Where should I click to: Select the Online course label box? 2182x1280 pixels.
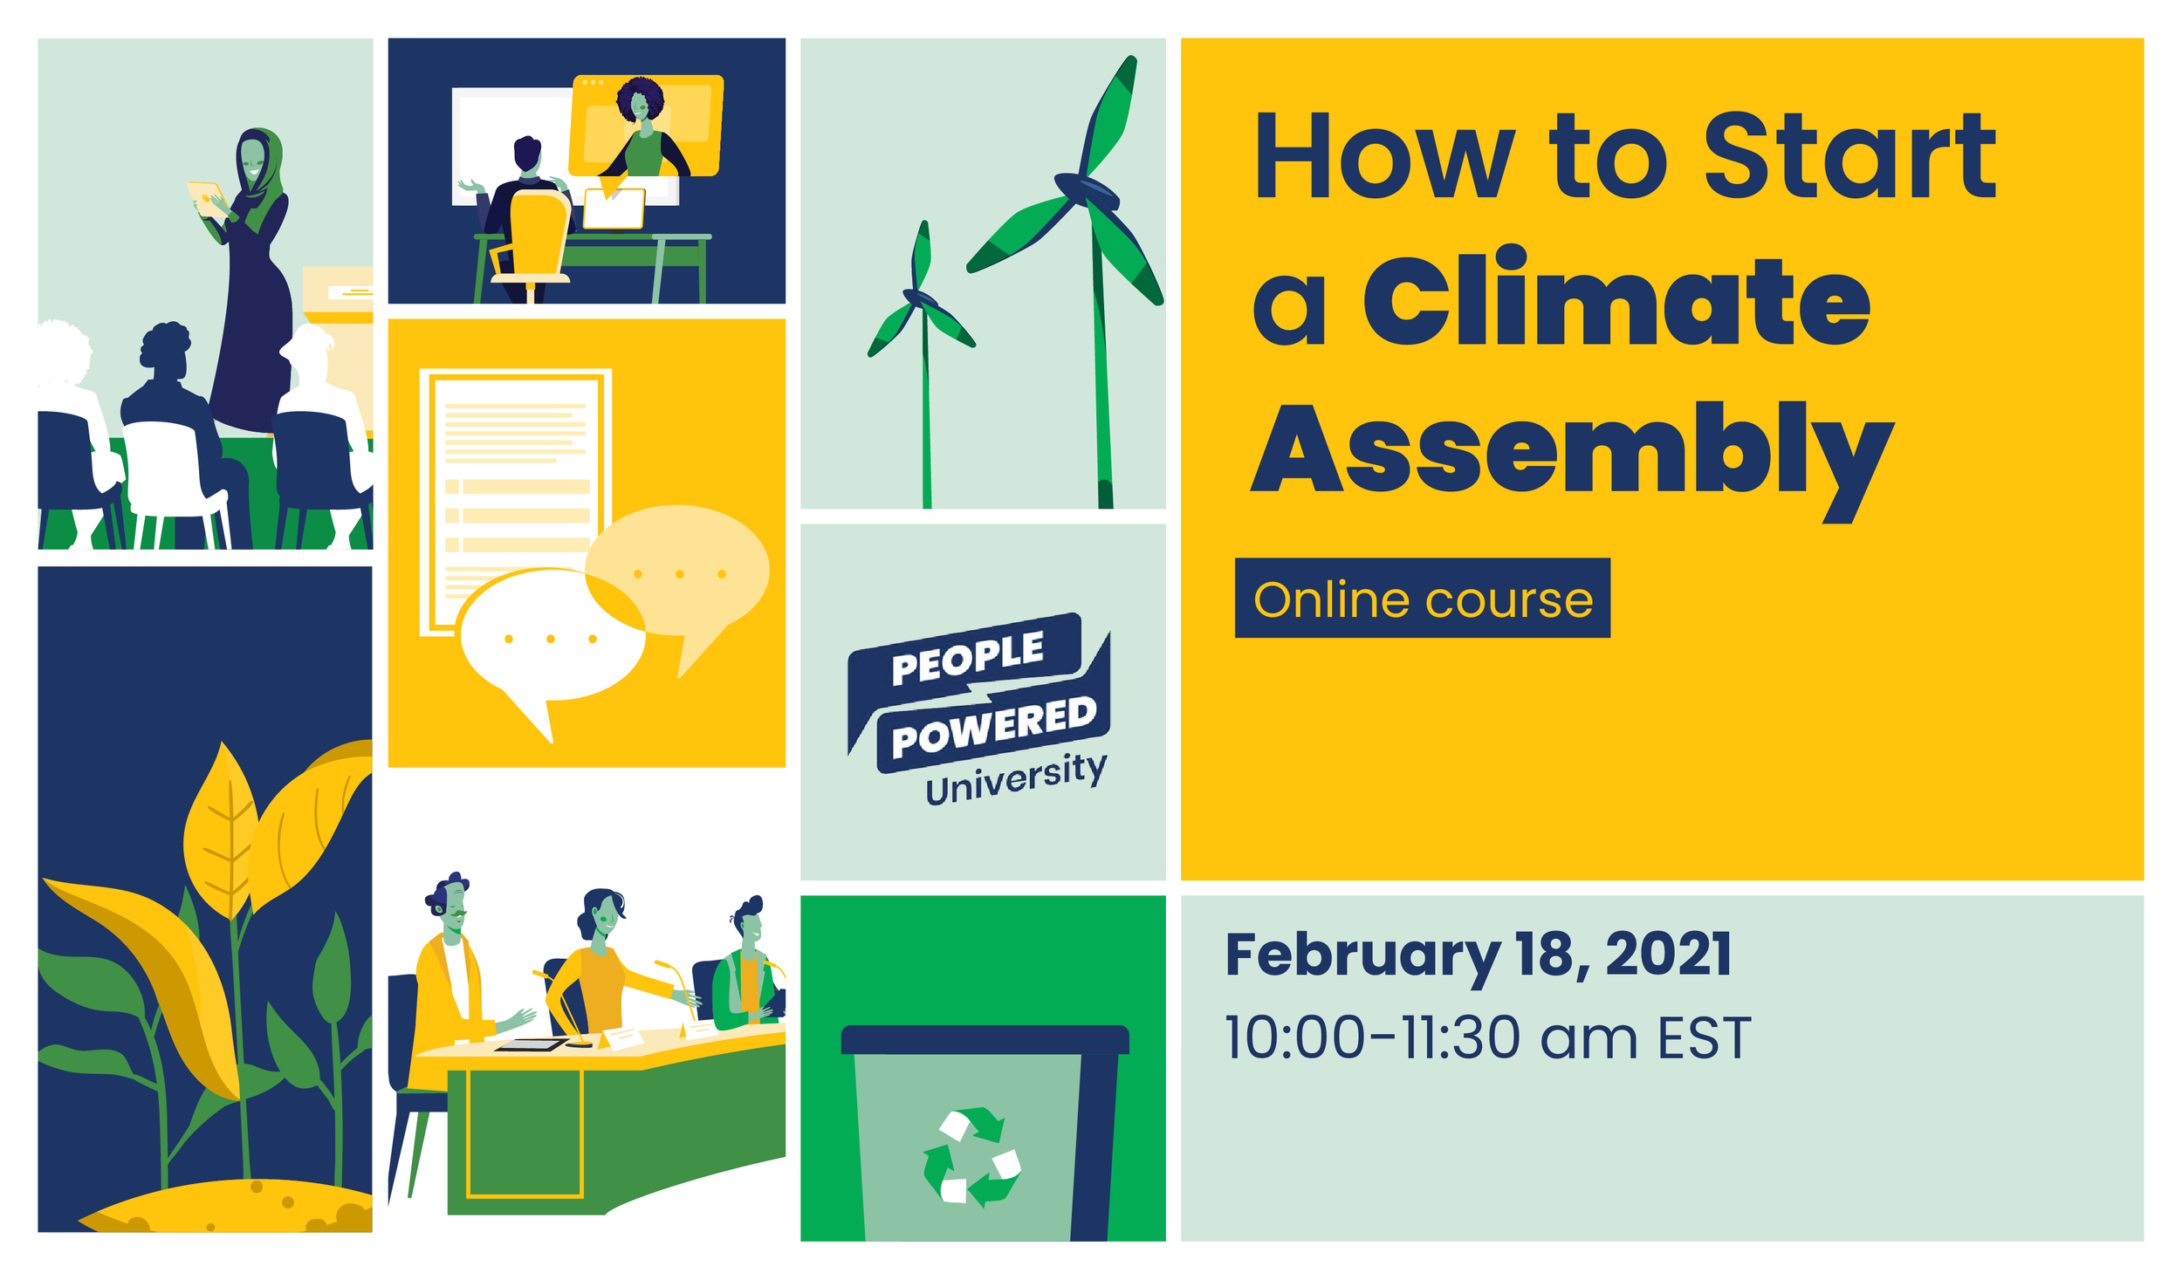click(1422, 599)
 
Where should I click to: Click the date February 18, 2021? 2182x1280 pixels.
click(1478, 954)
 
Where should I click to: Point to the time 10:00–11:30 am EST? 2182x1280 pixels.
click(1486, 1037)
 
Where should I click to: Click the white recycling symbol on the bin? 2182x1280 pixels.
click(971, 1156)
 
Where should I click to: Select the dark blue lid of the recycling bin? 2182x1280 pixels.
click(985, 1039)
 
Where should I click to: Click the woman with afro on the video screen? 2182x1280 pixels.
click(643, 131)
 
